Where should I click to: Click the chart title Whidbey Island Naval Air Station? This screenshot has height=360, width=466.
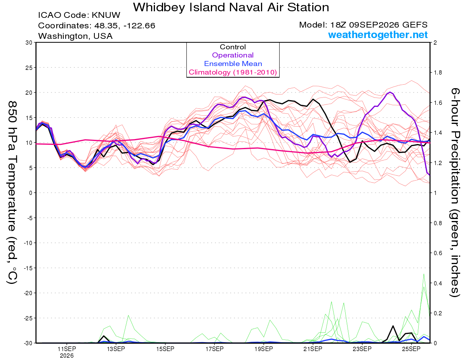click(x=231, y=7)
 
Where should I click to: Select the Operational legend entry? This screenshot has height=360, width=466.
click(x=233, y=55)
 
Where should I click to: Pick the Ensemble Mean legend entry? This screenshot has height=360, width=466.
click(x=233, y=64)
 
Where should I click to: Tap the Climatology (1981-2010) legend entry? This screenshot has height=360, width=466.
click(x=233, y=72)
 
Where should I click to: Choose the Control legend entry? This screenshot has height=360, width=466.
click(x=233, y=47)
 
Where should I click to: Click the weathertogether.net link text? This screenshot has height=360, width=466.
click(x=378, y=35)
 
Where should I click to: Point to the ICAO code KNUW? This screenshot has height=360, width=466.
click(x=106, y=15)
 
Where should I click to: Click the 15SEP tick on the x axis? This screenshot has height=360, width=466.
click(x=165, y=349)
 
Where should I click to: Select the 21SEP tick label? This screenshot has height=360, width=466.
click(x=313, y=349)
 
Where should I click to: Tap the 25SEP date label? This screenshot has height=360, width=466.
click(x=411, y=349)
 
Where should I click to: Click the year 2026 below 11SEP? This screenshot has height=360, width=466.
click(x=67, y=356)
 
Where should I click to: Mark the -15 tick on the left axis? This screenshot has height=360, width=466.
click(x=28, y=268)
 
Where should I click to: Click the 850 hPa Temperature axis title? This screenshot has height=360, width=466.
click(x=12, y=193)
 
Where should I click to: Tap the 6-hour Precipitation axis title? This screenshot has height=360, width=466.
click(x=455, y=192)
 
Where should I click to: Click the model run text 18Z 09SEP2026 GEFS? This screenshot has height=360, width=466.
click(x=379, y=25)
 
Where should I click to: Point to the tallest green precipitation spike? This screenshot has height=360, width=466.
click(x=424, y=274)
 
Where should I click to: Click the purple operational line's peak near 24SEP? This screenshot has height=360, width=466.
click(x=390, y=92)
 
